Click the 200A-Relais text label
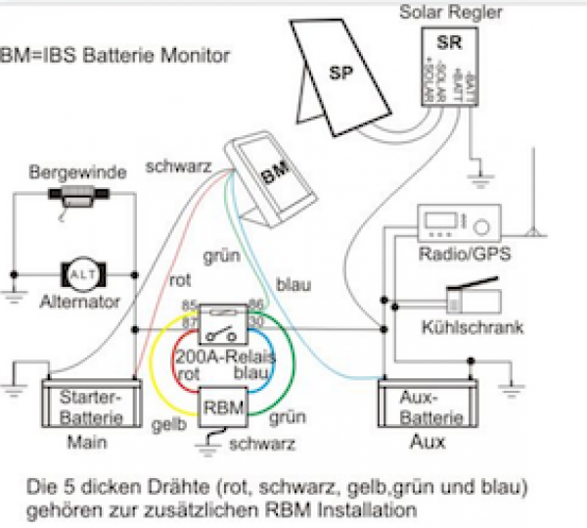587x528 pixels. point(221,359)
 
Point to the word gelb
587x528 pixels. point(166,426)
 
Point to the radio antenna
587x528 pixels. point(533,196)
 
